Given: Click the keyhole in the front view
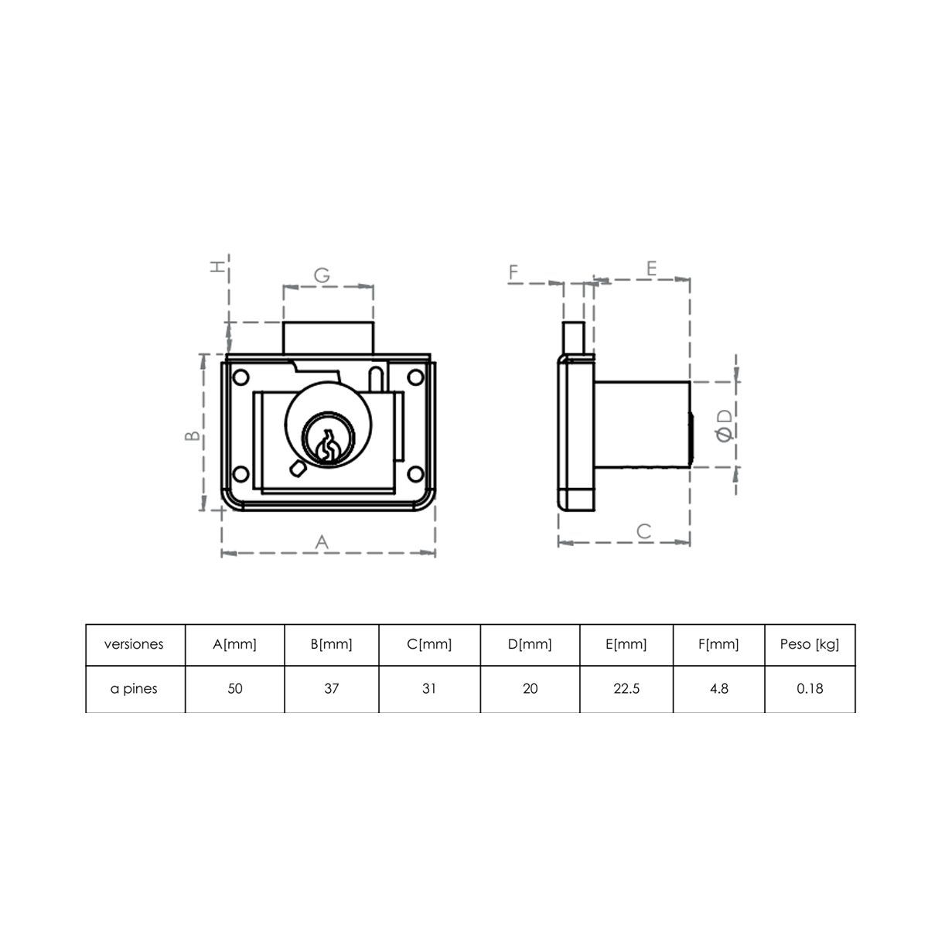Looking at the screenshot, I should click(328, 445).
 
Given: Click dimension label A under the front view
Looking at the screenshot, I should click(322, 542).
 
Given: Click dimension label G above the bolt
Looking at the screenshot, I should click(322, 275).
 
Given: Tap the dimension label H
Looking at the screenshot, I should click(220, 266).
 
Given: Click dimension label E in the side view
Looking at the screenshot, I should click(651, 268).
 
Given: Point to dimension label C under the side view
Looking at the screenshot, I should click(643, 531).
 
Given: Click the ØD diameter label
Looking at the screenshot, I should click(725, 426).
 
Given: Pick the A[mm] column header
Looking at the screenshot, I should click(234, 644).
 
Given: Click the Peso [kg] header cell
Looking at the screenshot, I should click(810, 644).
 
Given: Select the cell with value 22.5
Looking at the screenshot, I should click(626, 688).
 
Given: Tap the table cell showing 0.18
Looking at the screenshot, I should click(810, 688).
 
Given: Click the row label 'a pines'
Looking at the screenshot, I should click(134, 688).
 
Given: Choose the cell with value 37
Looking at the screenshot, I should click(331, 688).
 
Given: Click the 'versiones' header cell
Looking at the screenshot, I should click(134, 644).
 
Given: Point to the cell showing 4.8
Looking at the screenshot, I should click(718, 688).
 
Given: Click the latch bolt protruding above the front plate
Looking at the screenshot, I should click(329, 338).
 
